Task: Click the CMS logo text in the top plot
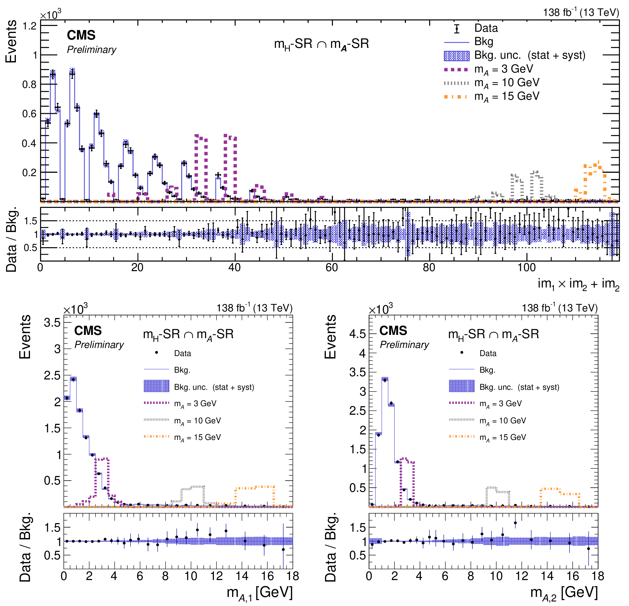[x=81, y=35]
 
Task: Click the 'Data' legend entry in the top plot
[x=486, y=28]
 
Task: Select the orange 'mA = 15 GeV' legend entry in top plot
[x=507, y=96]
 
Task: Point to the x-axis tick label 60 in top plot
[x=332, y=267]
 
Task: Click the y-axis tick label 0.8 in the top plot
[x=29, y=84]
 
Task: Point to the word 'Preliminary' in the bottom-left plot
[x=99, y=345]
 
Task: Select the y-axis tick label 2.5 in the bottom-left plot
[x=52, y=375]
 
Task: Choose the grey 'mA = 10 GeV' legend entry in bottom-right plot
[x=502, y=421]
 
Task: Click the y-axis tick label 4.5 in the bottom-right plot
[x=358, y=334]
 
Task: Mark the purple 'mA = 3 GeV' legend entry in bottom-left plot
[x=195, y=404]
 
